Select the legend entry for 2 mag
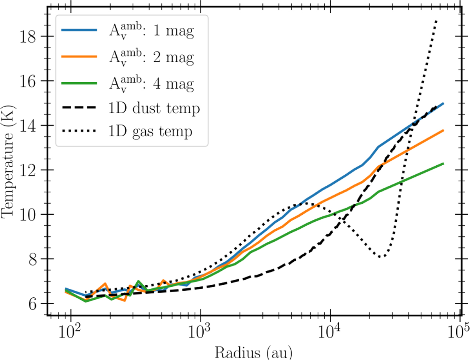tap(151, 58)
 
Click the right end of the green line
tap(443, 163)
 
